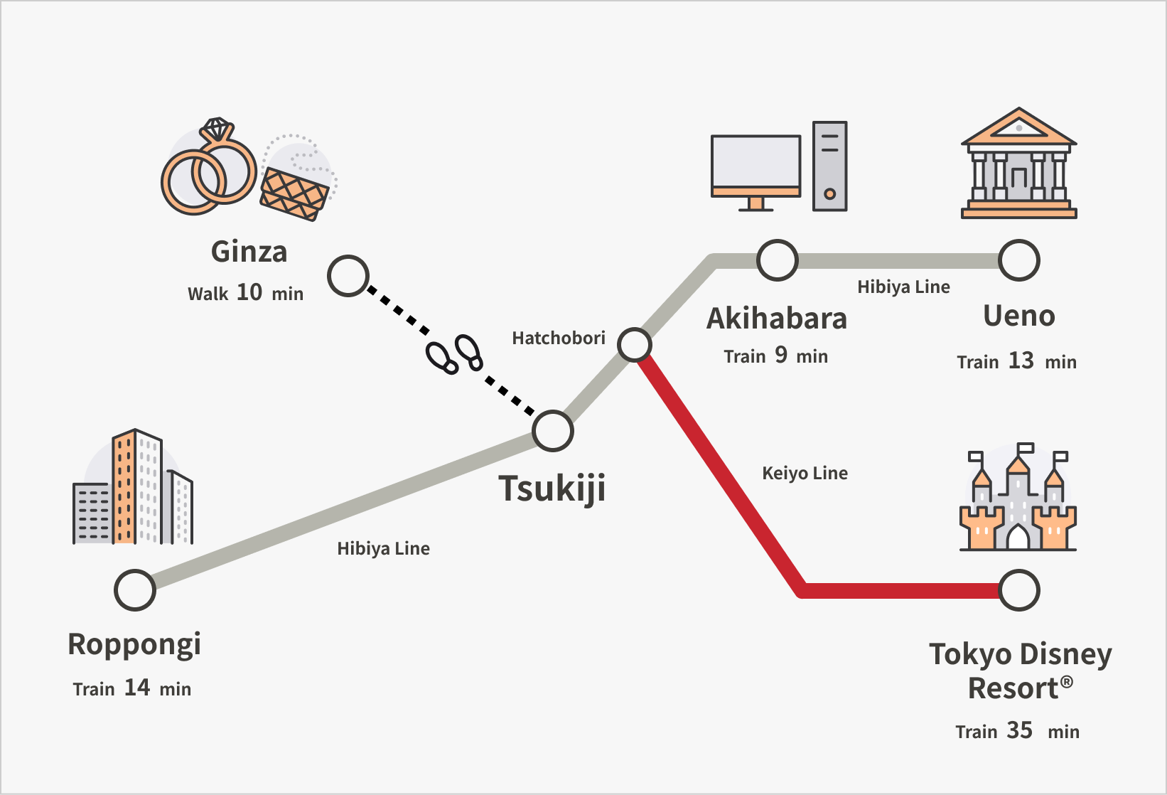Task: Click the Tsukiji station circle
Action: click(553, 431)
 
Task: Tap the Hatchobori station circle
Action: click(635, 345)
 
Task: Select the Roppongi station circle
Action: click(135, 590)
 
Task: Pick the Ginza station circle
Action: click(348, 276)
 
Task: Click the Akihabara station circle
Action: click(777, 260)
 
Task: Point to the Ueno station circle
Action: click(1019, 260)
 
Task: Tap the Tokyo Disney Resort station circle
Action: click(1019, 590)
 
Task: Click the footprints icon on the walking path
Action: click(454, 353)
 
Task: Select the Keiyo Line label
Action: click(805, 473)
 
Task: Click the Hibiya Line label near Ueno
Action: click(903, 287)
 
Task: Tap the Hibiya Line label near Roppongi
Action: click(383, 548)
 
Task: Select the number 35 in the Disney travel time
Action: click(1019, 730)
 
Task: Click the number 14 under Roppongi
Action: click(137, 688)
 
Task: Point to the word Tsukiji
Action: click(552, 489)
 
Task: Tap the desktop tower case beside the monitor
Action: click(829, 166)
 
